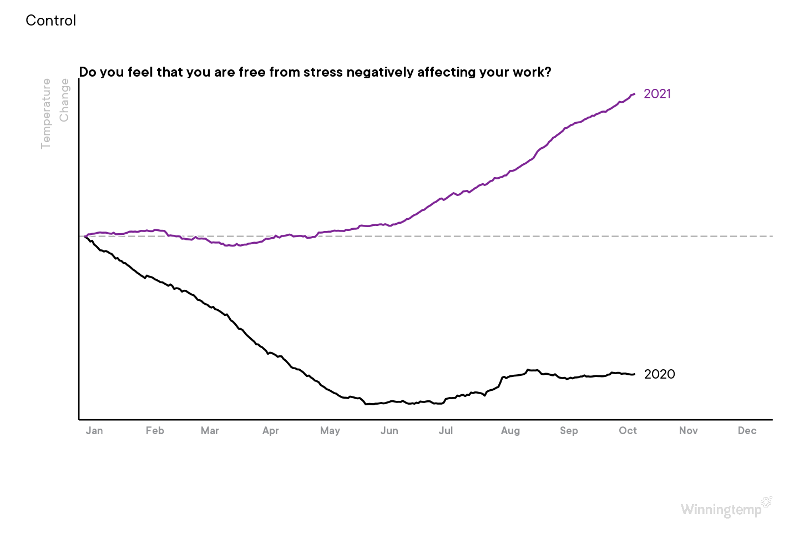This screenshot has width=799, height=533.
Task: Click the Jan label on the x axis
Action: (x=94, y=431)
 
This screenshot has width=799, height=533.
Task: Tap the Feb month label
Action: (x=155, y=431)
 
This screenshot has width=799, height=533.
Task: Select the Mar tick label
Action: (x=210, y=431)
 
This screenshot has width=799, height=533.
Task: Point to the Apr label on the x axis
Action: (x=271, y=431)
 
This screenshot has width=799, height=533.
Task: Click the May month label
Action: (x=330, y=431)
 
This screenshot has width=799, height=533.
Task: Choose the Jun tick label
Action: (x=390, y=431)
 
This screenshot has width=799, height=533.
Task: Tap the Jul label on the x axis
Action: (x=446, y=431)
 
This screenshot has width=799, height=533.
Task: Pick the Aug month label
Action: (x=510, y=431)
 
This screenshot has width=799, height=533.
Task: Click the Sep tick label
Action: (x=569, y=431)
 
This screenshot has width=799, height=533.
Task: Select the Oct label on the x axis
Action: (x=628, y=431)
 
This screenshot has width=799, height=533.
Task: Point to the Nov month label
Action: (x=689, y=431)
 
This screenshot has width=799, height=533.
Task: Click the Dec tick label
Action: (x=747, y=431)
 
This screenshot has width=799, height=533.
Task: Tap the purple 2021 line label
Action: (x=658, y=94)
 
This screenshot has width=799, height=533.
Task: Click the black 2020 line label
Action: (x=660, y=374)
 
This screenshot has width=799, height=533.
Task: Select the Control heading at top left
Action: (x=51, y=21)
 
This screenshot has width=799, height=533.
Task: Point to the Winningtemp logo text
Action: (x=721, y=510)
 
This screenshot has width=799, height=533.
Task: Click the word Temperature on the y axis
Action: (x=46, y=114)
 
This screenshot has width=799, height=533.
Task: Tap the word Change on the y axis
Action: (x=64, y=100)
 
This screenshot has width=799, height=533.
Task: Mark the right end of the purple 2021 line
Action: (x=634, y=94)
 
